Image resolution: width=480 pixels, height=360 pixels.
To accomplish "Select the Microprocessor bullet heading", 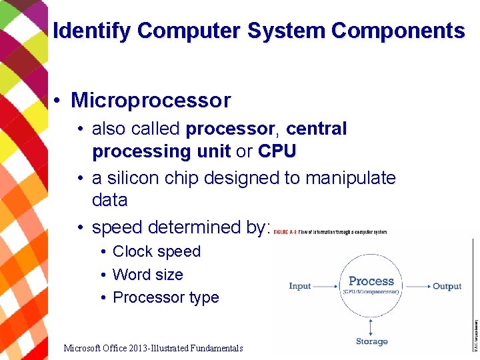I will tap(151, 101).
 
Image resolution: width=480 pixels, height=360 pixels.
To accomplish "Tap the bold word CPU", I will tap(277, 151).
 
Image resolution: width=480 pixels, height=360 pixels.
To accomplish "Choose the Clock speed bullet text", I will tap(157, 251).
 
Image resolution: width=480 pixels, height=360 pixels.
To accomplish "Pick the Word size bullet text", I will tap(148, 275).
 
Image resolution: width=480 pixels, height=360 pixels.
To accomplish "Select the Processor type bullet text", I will tap(166, 297).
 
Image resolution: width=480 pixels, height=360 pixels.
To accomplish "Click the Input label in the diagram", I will tap(300, 286).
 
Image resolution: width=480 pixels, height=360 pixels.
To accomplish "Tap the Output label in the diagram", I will tap(447, 286).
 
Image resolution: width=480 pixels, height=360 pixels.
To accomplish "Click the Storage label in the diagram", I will tap(371, 341).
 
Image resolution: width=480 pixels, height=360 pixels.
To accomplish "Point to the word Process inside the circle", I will tap(371, 281).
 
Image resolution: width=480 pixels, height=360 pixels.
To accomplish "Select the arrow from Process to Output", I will tap(415, 286).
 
